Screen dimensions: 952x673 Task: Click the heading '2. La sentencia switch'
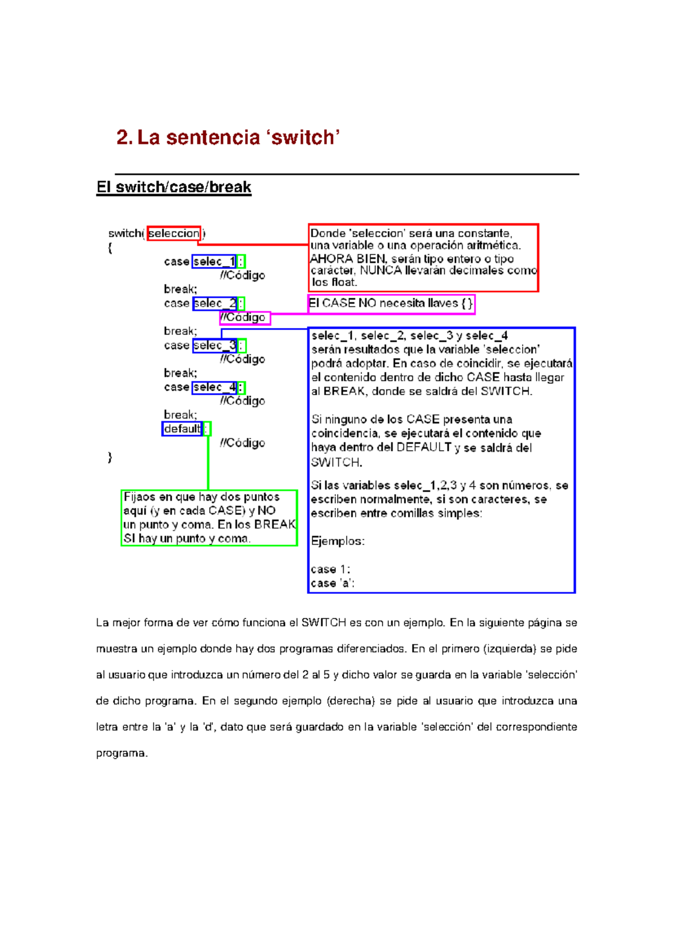[228, 137]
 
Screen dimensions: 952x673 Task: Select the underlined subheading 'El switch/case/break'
[174, 187]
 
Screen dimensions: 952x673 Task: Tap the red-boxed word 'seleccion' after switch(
[174, 233]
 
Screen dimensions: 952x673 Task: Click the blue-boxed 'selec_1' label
[214, 261]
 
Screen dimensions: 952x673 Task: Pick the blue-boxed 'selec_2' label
[214, 303]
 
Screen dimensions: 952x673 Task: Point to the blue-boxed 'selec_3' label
[214, 345]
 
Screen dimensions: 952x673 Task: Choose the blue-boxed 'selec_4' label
[214, 387]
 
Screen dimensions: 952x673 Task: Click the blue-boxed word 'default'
[182, 429]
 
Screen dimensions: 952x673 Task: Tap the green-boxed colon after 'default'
[207, 429]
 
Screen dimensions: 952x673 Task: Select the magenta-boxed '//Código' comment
[245, 318]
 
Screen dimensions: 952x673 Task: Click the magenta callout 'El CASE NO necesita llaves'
[391, 303]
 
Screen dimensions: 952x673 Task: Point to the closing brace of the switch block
[110, 457]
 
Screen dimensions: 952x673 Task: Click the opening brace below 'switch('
[110, 248]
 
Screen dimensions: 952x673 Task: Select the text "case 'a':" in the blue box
[333, 583]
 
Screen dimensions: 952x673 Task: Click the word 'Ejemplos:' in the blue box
[338, 541]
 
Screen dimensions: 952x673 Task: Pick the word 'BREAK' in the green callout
[275, 524]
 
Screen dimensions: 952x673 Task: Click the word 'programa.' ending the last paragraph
[122, 753]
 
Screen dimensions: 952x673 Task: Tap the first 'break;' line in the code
[181, 289]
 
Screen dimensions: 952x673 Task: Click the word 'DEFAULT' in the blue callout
[423, 447]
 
